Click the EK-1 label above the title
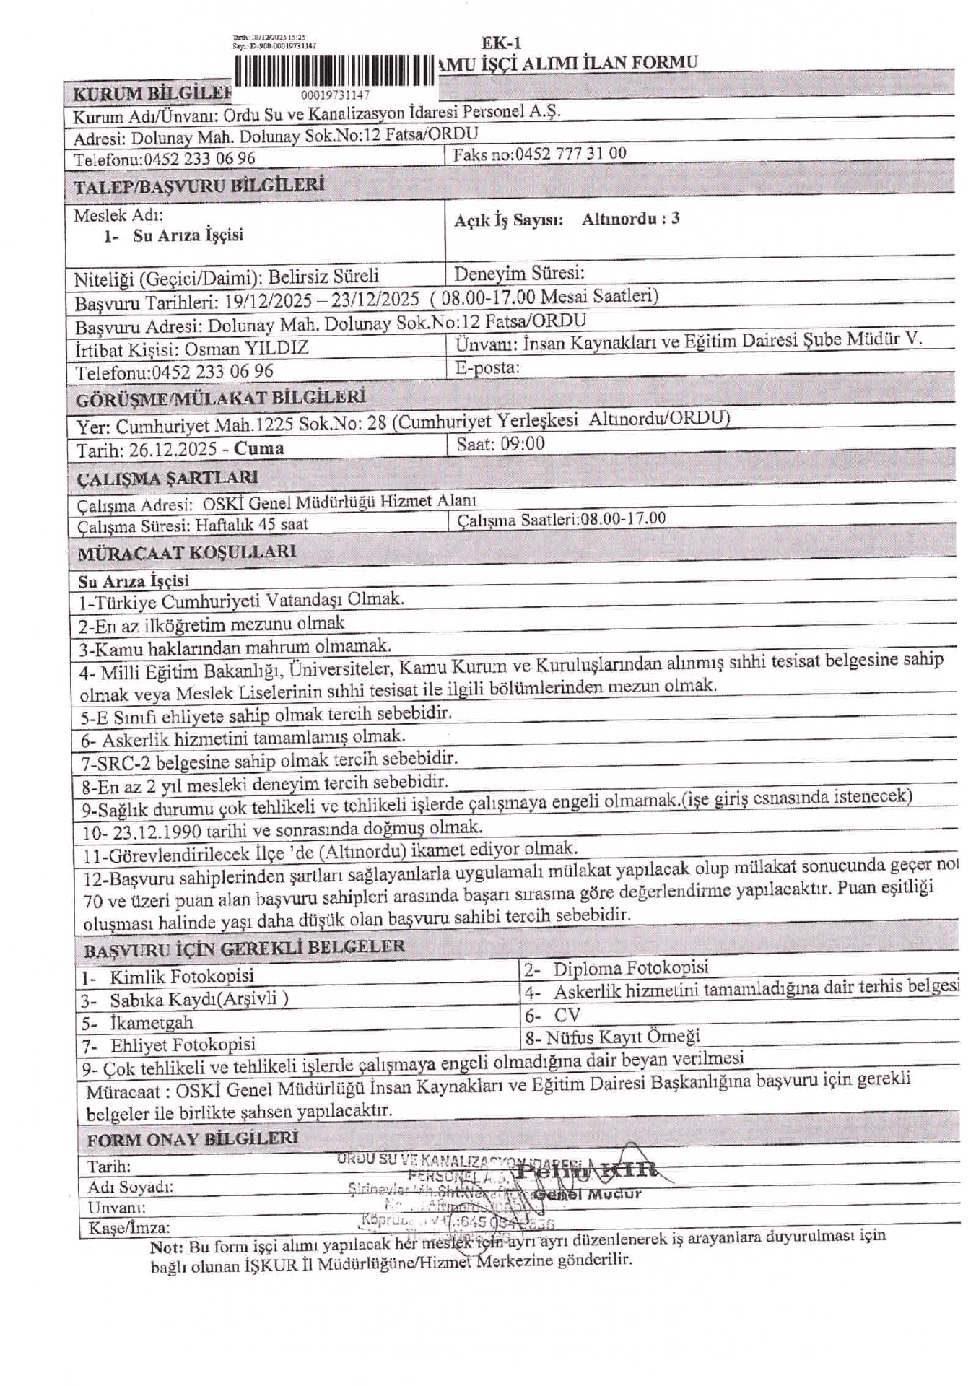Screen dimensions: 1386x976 click(501, 43)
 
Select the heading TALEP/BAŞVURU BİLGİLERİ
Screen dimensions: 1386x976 click(199, 186)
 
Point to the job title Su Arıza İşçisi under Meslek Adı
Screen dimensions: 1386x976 click(188, 235)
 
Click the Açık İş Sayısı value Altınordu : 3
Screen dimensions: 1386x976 click(630, 219)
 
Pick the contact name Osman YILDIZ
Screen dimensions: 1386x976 click(247, 349)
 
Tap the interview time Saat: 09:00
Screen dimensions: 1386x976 click(500, 444)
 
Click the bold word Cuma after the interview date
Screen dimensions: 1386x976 click(259, 448)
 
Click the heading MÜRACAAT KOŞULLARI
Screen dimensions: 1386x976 click(187, 553)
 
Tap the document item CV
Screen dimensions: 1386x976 click(567, 1015)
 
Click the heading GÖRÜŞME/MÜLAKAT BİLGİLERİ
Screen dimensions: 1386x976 click(222, 398)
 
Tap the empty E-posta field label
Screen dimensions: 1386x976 click(487, 367)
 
